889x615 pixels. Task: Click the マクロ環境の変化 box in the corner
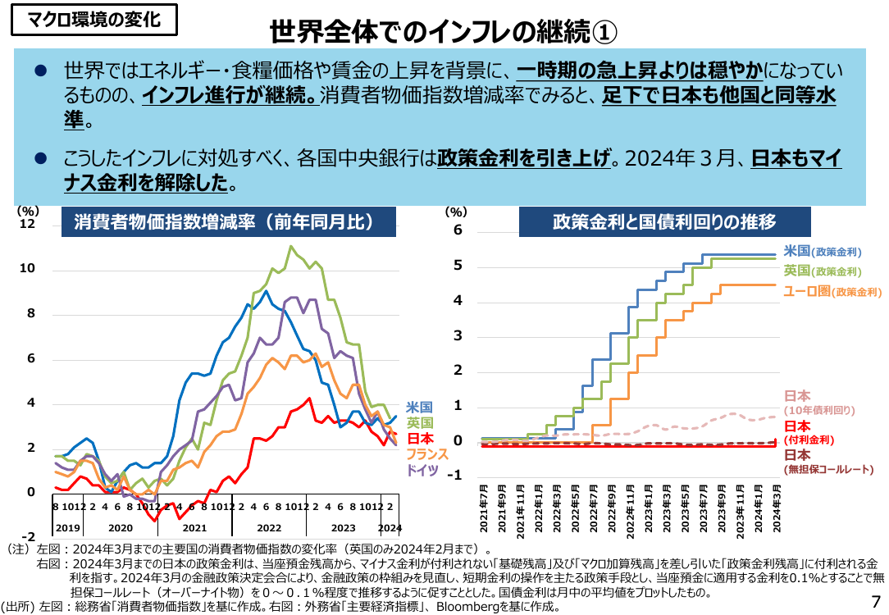click(94, 20)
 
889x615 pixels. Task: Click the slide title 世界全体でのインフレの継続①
click(443, 32)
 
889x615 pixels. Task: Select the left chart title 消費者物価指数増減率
click(229, 221)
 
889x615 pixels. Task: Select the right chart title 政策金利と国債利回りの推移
click(664, 221)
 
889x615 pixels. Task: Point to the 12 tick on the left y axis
click(27, 224)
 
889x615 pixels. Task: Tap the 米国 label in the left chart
click(420, 407)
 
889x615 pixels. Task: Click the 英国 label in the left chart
click(420, 423)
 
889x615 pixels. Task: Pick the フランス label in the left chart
click(427, 454)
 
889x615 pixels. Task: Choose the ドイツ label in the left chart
click(422, 470)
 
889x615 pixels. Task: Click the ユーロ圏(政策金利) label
click(832, 291)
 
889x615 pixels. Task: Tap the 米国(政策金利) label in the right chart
click(823, 251)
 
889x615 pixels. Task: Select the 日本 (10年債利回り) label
click(819, 403)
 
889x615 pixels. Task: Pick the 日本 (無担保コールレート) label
click(828, 462)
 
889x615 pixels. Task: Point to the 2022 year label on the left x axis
click(269, 528)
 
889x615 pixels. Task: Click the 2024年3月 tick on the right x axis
click(777, 508)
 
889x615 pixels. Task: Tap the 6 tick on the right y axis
click(458, 230)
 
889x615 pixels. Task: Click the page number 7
click(876, 601)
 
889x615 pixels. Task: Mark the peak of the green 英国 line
click(291, 246)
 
